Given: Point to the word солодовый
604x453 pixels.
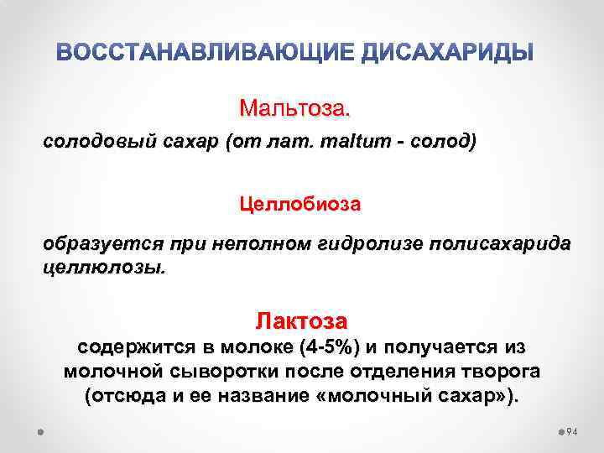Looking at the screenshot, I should [87, 143].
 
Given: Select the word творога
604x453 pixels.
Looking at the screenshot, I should [492, 372].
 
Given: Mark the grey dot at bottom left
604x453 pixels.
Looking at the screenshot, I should [41, 431].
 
